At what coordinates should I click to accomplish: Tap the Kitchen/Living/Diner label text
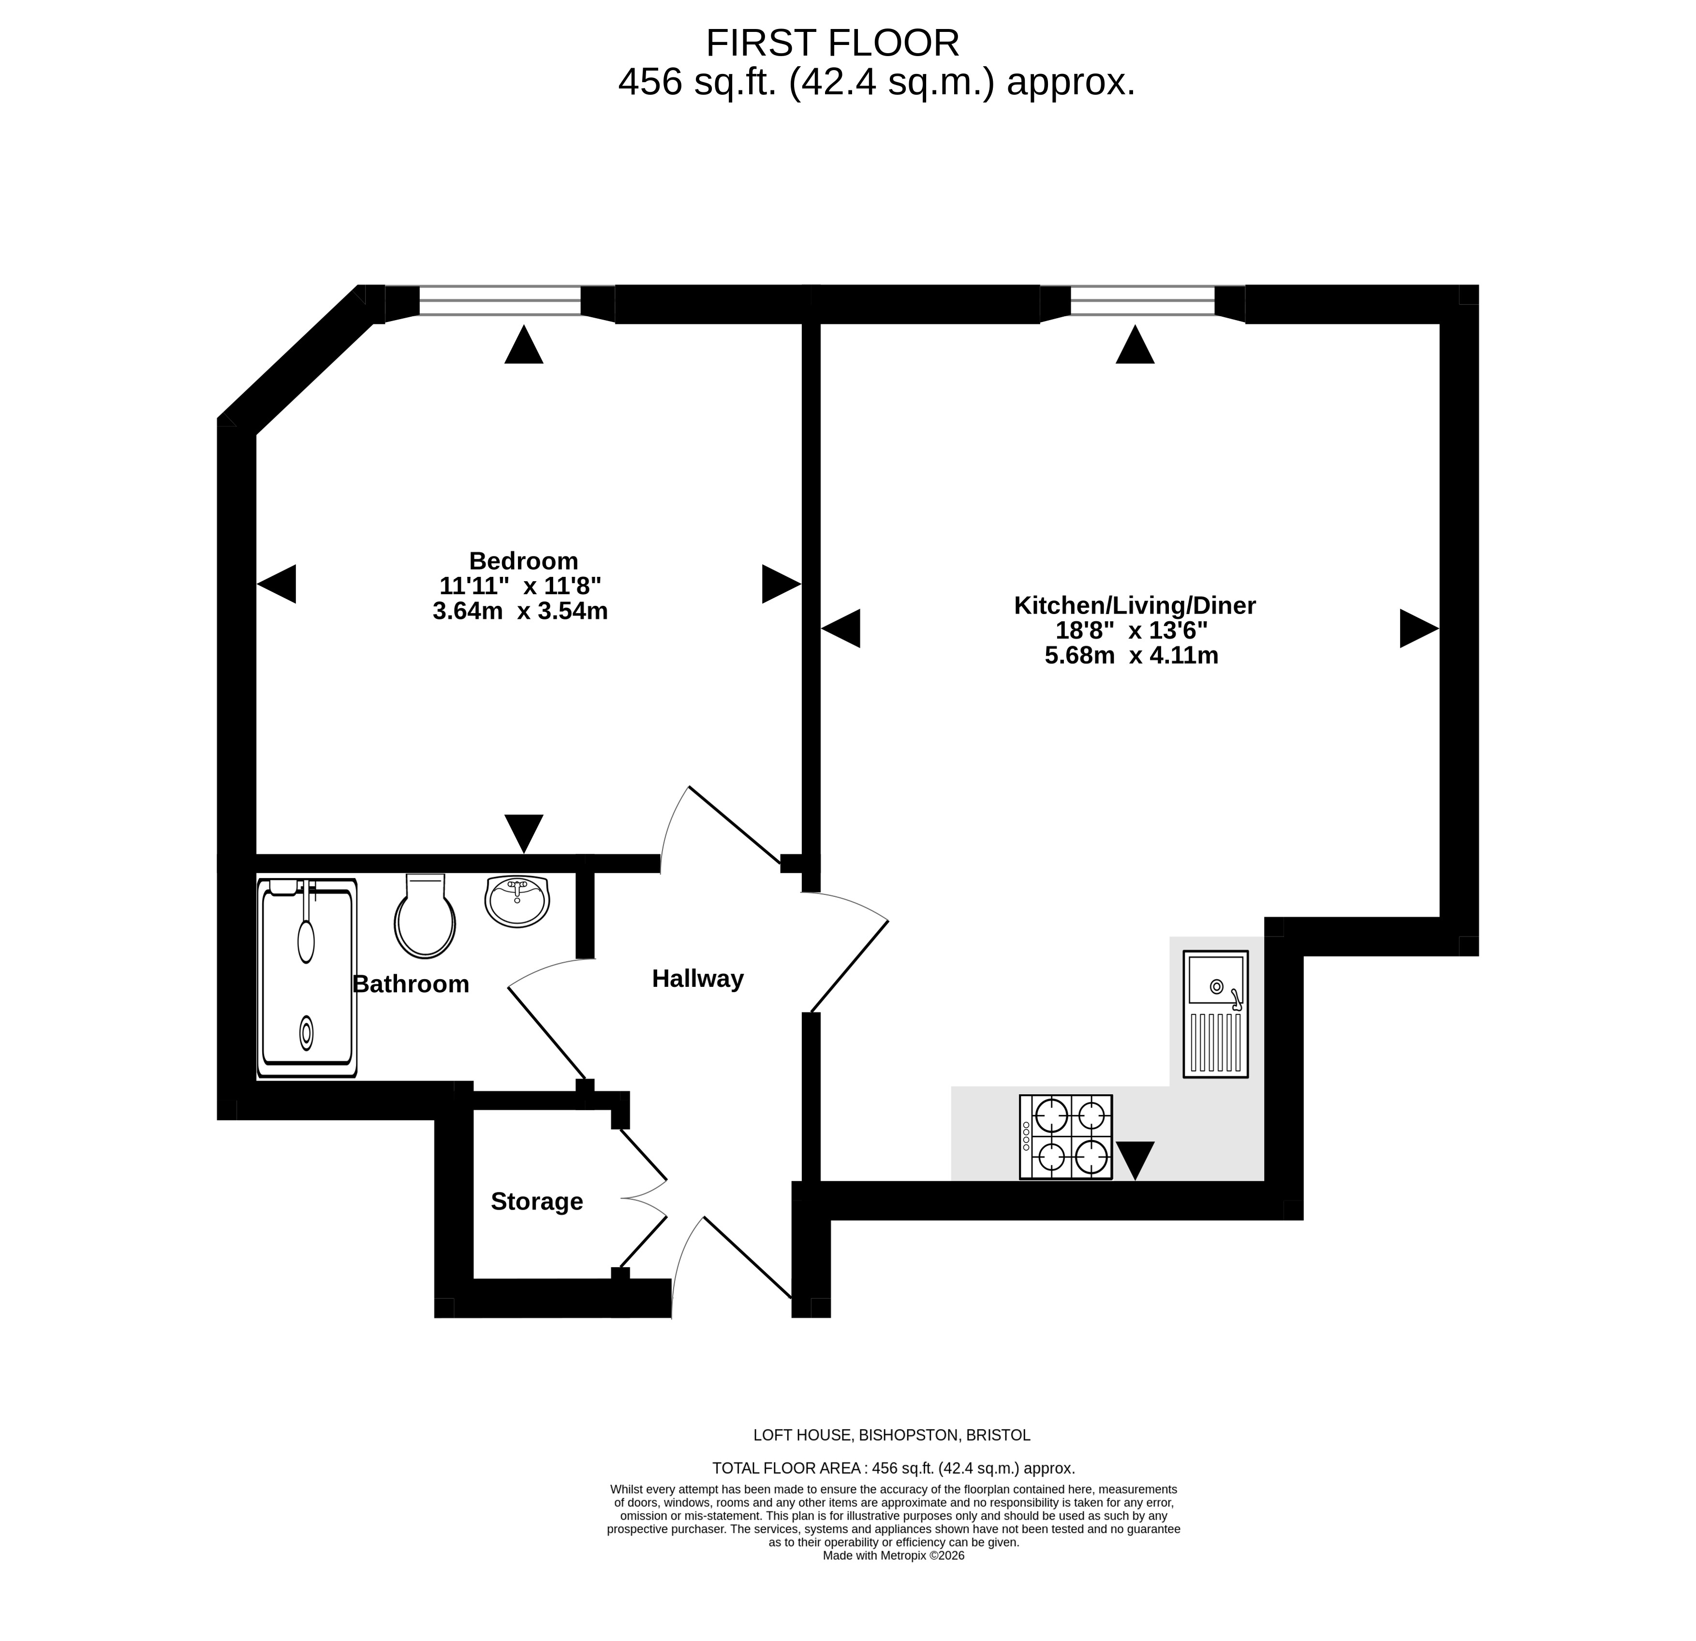click(x=1135, y=605)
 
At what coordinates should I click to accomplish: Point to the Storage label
click(x=536, y=1201)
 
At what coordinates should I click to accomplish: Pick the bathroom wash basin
click(x=516, y=900)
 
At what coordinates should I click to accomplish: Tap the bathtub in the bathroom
click(x=307, y=978)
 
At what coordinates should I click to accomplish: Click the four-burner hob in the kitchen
click(x=1066, y=1137)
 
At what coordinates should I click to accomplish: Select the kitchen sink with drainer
click(x=1216, y=1014)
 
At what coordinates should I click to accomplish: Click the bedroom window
click(x=500, y=301)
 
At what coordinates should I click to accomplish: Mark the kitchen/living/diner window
click(x=1143, y=301)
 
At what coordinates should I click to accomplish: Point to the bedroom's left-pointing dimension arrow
click(x=277, y=584)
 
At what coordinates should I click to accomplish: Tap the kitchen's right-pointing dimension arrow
click(x=1419, y=628)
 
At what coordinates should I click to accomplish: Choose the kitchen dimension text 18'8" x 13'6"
click(x=1132, y=630)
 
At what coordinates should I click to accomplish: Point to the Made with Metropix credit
click(x=894, y=1555)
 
